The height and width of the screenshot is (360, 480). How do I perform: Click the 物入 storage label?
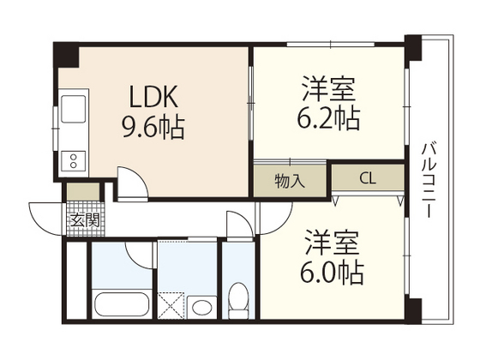click(288, 181)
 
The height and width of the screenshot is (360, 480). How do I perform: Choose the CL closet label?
click(367, 180)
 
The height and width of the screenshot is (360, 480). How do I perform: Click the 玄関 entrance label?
click(84, 219)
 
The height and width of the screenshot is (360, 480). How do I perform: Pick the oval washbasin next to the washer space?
click(202, 307)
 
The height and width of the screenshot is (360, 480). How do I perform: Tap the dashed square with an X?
click(171, 304)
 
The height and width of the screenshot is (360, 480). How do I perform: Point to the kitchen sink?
click(73, 111)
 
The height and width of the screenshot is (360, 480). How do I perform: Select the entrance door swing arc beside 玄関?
click(45, 216)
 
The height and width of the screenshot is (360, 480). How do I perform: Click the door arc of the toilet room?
click(238, 225)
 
